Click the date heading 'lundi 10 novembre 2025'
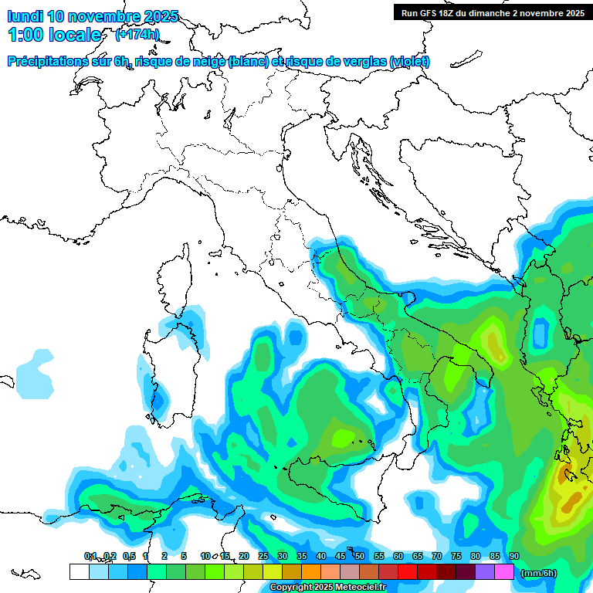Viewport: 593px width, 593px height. [x=93, y=16]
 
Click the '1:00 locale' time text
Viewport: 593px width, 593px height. [x=54, y=35]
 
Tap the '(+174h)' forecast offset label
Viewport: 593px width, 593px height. [x=137, y=35]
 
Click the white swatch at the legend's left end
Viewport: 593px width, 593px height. [x=79, y=572]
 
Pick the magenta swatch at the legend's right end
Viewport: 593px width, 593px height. [x=504, y=572]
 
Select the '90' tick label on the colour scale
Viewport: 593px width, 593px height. [x=513, y=556]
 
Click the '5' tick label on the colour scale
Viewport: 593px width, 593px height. [x=184, y=556]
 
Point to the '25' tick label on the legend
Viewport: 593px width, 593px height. [x=263, y=556]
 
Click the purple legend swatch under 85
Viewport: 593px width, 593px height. [x=485, y=572]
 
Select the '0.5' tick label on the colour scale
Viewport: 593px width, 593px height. [x=128, y=556]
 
